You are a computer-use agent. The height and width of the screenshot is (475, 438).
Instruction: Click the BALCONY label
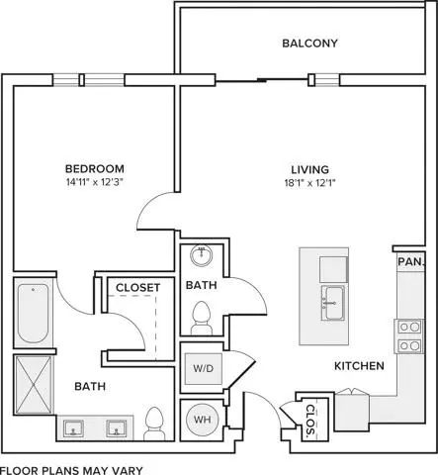point(309,44)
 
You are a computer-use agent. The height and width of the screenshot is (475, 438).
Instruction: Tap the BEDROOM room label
point(95,168)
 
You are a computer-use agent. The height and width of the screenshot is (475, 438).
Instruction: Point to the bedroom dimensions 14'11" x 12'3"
point(95,182)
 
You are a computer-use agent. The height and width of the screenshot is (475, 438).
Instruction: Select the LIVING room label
point(309,169)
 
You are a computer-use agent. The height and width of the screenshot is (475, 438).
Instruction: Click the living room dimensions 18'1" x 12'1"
point(309,183)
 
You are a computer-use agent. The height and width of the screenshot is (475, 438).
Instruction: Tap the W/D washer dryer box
point(204,368)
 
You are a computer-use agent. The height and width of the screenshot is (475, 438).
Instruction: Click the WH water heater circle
point(203,420)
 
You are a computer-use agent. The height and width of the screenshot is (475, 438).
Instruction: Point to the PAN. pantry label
point(410,262)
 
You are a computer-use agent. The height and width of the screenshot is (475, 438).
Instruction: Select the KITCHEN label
point(359,366)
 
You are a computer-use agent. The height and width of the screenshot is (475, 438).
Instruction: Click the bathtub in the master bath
point(33,313)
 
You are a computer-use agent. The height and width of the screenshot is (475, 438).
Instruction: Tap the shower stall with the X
point(34,385)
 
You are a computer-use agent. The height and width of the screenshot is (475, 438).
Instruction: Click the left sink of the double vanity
point(73,428)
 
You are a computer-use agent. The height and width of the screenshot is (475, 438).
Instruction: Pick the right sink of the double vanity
point(116,428)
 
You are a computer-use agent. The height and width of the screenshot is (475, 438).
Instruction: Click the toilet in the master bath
point(154,424)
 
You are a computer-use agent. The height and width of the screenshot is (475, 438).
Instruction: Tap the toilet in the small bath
point(201,318)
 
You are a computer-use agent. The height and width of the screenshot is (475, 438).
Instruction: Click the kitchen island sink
point(333,303)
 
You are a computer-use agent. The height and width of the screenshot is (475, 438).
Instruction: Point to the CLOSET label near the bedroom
point(138,288)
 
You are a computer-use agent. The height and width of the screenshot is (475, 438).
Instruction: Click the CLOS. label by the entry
point(310,420)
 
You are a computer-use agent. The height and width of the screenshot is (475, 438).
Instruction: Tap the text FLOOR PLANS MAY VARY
point(72,470)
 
